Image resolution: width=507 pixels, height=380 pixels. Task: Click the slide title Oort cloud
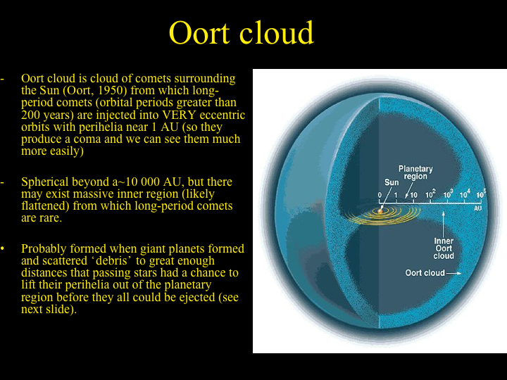[242, 32]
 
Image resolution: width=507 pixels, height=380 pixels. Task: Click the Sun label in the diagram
[392, 182]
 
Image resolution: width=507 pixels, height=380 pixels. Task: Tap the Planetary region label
[415, 172]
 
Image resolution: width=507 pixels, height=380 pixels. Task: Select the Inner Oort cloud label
[444, 248]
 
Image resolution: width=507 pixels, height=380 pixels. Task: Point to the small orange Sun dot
[380, 211]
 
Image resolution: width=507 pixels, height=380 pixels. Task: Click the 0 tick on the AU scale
[380, 195]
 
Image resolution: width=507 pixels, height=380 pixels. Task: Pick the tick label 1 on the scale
[396, 195]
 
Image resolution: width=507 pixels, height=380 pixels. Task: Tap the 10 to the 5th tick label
[481, 194]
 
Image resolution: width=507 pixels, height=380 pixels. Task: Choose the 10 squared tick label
[430, 194]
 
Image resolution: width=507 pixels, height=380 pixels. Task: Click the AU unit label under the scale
[478, 208]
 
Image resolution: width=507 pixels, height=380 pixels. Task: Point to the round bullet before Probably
[3, 249]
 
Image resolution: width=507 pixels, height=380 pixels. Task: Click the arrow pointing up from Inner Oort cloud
[444, 224]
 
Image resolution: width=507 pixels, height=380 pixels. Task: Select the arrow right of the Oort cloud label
[454, 273]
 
